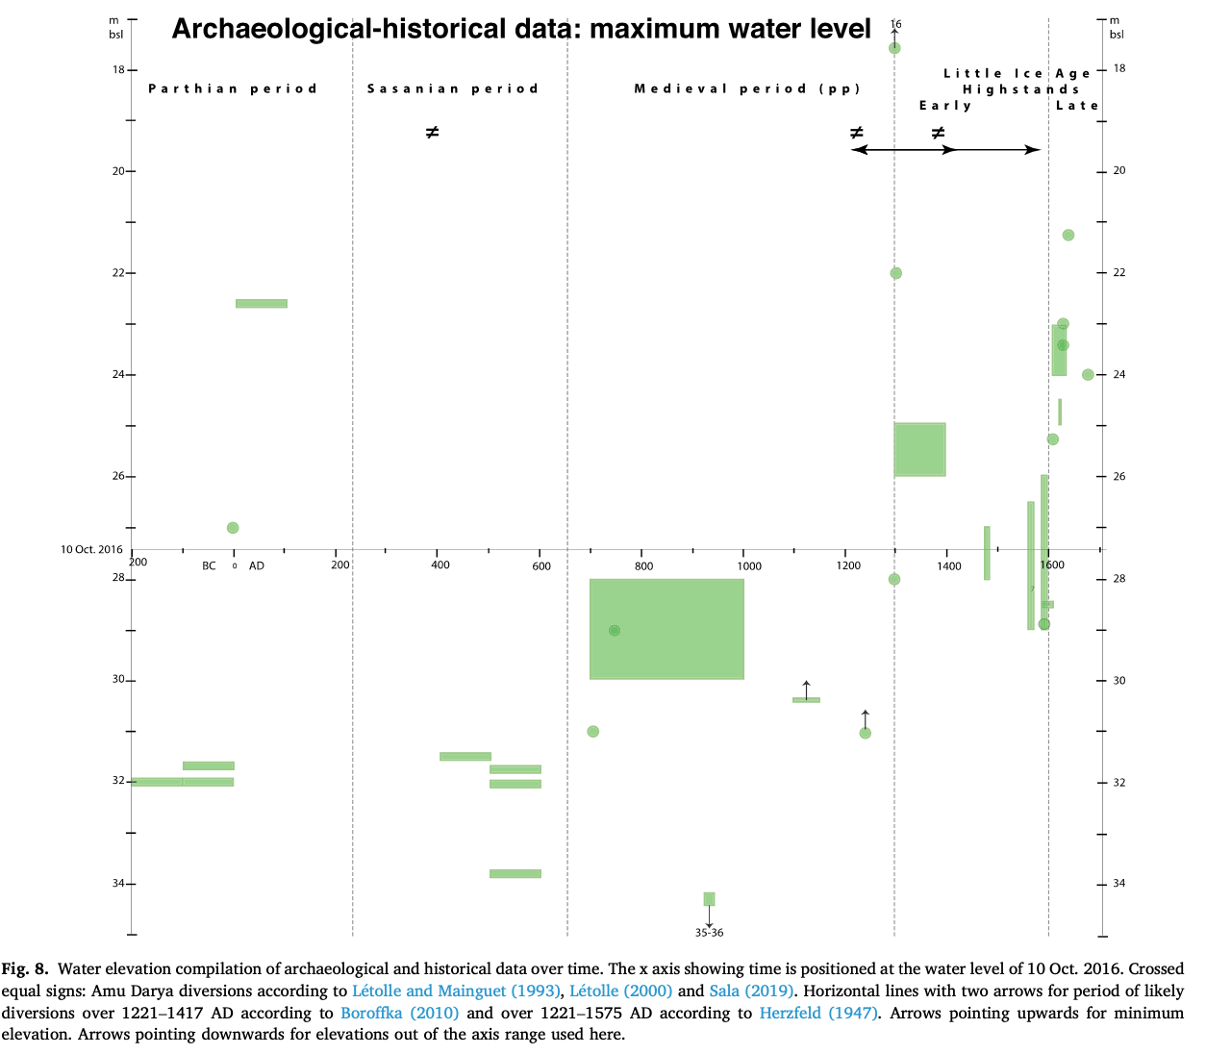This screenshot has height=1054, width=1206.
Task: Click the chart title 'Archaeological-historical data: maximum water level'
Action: (521, 30)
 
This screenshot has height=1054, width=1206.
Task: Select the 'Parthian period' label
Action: (233, 88)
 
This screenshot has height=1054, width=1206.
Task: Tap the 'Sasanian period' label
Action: (453, 88)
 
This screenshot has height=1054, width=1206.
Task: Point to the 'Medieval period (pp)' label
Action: (747, 88)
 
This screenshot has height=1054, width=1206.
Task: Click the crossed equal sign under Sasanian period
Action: (433, 132)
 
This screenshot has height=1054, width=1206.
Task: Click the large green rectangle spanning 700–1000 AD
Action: (666, 629)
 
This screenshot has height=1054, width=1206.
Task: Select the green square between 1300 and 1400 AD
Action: (919, 449)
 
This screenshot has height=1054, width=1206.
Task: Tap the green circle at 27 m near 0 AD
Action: (233, 527)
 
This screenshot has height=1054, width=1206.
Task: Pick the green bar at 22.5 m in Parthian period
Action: (262, 303)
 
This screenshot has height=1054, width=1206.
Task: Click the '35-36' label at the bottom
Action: (709, 933)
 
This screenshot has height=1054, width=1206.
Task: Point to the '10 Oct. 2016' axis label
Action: (92, 549)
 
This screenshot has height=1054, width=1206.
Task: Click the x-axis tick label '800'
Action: (643, 565)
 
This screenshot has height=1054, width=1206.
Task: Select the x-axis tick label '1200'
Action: (848, 565)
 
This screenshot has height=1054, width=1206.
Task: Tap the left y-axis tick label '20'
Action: (118, 171)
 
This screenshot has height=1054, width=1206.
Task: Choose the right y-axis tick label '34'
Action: (1118, 883)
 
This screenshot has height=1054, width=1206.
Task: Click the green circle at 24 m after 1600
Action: (1088, 374)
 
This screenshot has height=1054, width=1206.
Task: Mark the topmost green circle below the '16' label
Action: (894, 47)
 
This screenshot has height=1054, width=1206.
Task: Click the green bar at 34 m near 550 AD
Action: (515, 873)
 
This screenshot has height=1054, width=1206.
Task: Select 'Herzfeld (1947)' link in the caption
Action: (817, 1013)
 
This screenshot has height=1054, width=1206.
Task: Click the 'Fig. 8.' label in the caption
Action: (24, 968)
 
